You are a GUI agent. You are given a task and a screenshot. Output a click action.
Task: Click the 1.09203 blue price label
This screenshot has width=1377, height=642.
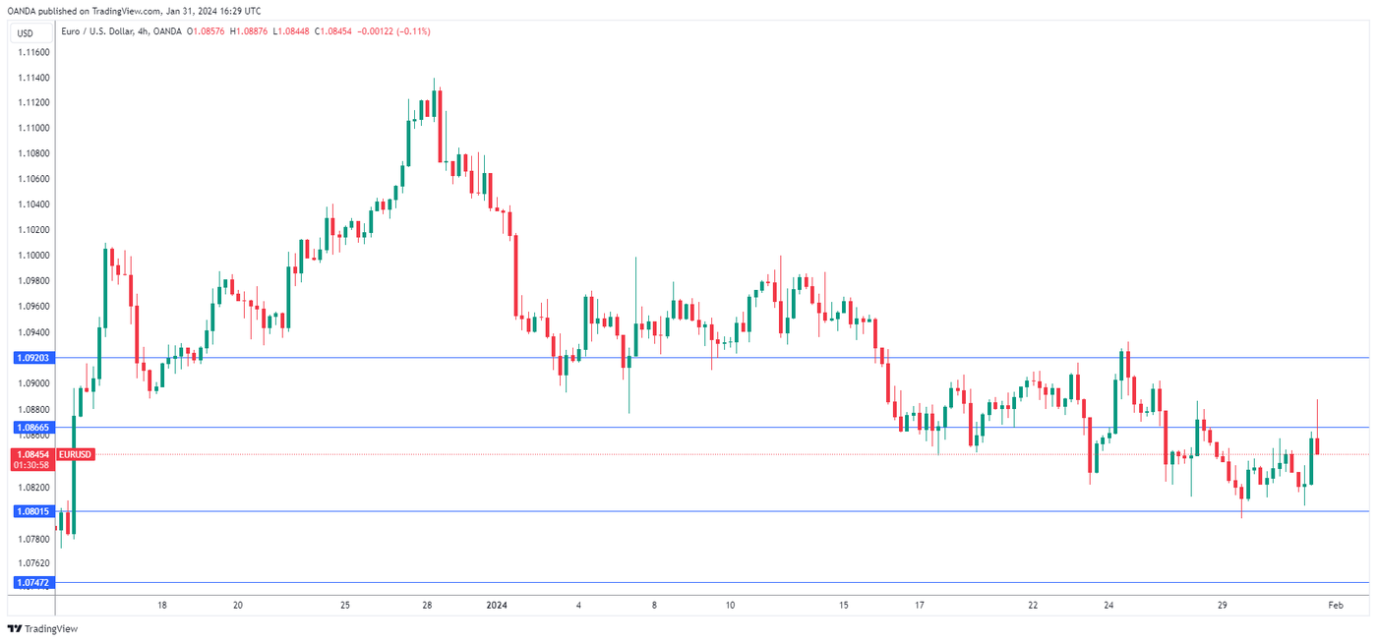point(33,358)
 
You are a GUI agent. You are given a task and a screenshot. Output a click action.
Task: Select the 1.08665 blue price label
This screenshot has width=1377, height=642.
point(33,428)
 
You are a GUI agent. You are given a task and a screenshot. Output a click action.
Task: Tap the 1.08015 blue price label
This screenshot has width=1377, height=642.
point(33,511)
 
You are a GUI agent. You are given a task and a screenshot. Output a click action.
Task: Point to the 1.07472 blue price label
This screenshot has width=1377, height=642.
point(33,582)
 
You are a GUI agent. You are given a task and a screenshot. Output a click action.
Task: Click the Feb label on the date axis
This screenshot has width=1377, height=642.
point(1335,606)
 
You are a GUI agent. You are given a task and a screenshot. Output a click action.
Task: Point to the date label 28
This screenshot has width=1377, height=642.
point(428,606)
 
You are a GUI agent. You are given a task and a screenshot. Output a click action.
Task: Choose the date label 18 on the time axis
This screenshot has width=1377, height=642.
point(162,606)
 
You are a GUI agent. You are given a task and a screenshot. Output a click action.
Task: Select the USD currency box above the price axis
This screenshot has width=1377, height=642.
point(26,33)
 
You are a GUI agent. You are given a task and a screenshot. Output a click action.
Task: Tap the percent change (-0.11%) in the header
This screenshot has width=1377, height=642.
point(413,31)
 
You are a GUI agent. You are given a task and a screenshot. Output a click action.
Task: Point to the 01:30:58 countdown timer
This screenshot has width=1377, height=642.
point(33,464)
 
